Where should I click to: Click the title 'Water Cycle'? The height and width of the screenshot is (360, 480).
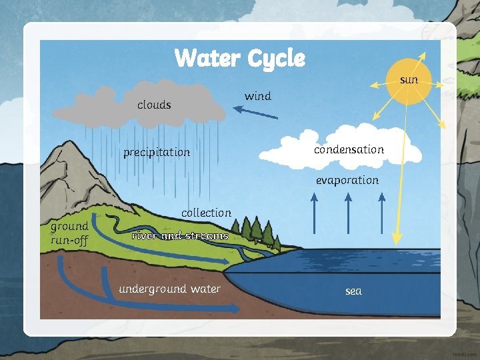pos(239,59)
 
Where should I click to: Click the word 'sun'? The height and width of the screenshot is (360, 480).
pos(409,80)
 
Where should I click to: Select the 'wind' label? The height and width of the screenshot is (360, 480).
pos(257,96)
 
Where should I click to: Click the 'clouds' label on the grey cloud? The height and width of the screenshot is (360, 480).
pos(154,105)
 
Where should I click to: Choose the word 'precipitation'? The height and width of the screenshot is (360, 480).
pos(157,152)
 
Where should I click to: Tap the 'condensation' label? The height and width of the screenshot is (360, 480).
pos(349,149)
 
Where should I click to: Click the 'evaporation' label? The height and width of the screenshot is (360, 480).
pos(347,180)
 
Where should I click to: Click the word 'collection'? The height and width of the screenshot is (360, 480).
pos(206,213)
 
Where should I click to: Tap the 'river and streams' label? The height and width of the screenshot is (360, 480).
pos(180,235)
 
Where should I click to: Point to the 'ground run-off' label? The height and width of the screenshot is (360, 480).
pos(69,233)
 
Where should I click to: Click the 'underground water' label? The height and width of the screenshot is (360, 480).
pos(169,289)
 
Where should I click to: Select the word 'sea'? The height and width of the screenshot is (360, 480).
pos(353,291)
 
